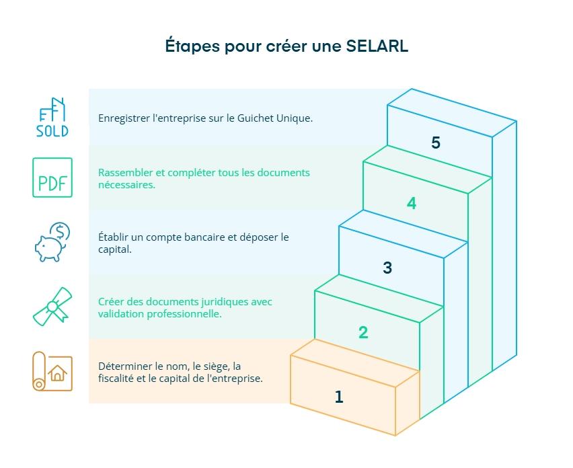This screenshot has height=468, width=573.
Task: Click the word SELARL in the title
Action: (x=377, y=46)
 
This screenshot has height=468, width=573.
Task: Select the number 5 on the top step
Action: (x=436, y=143)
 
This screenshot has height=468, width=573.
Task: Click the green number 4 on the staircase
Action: (x=412, y=203)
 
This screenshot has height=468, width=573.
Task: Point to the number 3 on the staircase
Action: (x=387, y=268)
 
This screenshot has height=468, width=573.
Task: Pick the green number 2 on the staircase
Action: (x=363, y=332)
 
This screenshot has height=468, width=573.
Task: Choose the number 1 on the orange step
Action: (x=339, y=397)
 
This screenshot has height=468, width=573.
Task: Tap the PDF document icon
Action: (x=52, y=178)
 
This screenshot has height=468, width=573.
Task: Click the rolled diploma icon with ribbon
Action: (x=52, y=307)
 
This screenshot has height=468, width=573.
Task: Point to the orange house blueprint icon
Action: (x=52, y=371)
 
